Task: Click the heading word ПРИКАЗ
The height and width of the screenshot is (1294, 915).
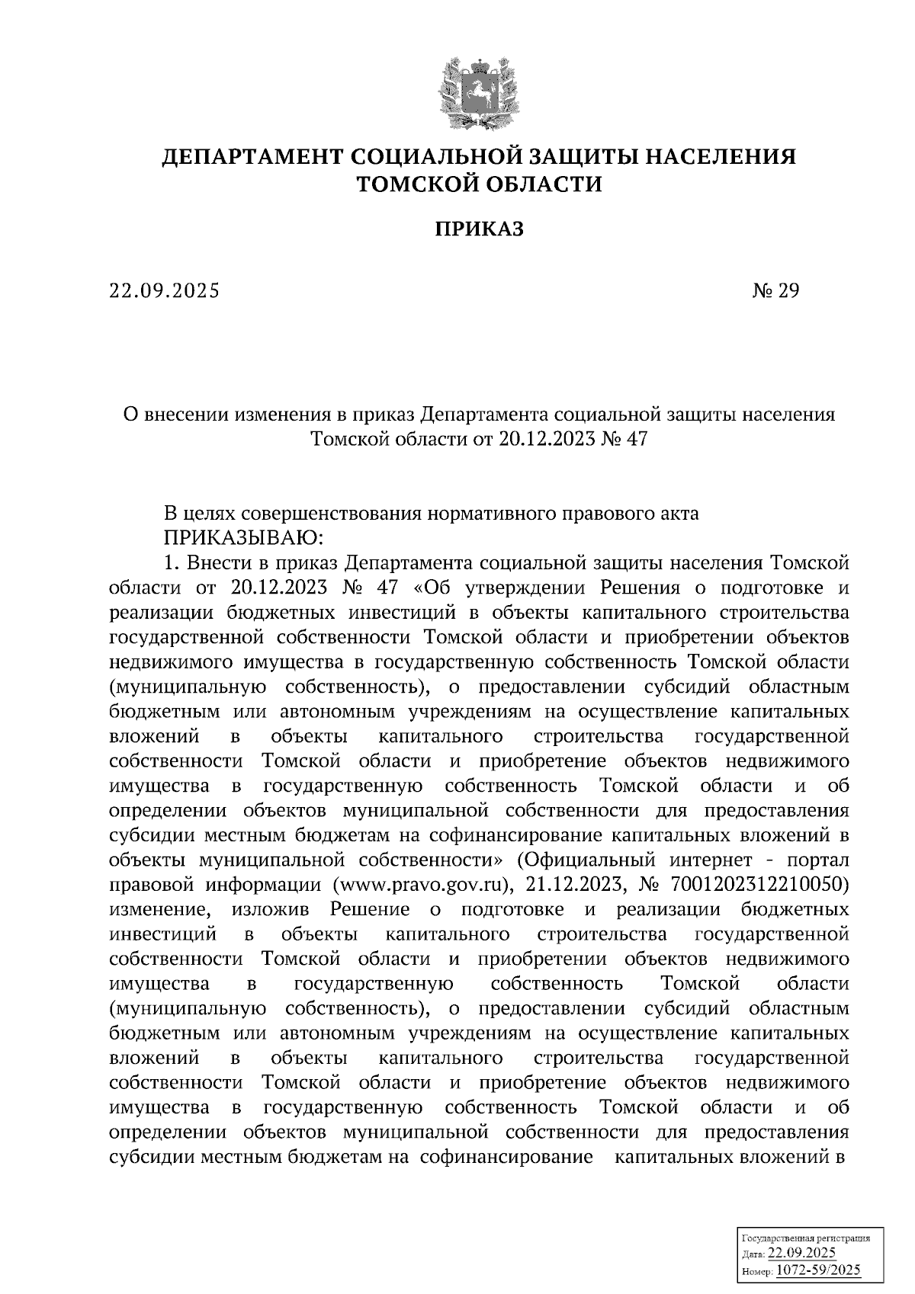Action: click(x=480, y=229)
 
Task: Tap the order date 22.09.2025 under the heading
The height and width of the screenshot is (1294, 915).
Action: click(x=164, y=291)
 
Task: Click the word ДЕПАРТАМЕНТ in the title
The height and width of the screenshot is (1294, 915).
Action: click(x=252, y=158)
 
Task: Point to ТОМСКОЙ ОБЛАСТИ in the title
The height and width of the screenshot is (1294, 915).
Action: click(x=480, y=184)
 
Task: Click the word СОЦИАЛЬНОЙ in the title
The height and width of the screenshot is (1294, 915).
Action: click(x=435, y=158)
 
